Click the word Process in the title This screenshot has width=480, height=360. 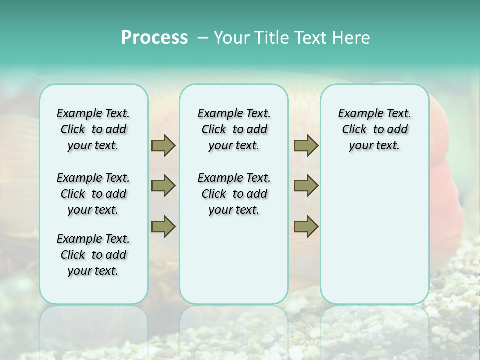(x=154, y=38)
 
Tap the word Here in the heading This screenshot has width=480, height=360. (x=351, y=38)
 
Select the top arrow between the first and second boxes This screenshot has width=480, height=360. (x=163, y=145)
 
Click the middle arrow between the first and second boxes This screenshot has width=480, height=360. (x=163, y=186)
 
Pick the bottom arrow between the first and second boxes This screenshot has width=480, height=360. (x=163, y=226)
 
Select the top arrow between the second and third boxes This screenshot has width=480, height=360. (x=306, y=145)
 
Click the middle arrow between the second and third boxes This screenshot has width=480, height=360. (x=306, y=186)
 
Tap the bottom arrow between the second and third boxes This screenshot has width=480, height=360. (x=306, y=226)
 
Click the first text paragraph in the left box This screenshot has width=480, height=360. (x=93, y=129)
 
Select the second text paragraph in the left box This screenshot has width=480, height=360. (x=93, y=194)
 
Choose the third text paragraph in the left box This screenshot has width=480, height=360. (x=93, y=255)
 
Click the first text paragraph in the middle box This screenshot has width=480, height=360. (x=234, y=129)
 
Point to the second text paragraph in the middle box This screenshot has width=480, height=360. (x=234, y=194)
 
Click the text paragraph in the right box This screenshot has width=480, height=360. (x=374, y=129)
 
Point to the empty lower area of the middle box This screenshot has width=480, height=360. (x=234, y=260)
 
